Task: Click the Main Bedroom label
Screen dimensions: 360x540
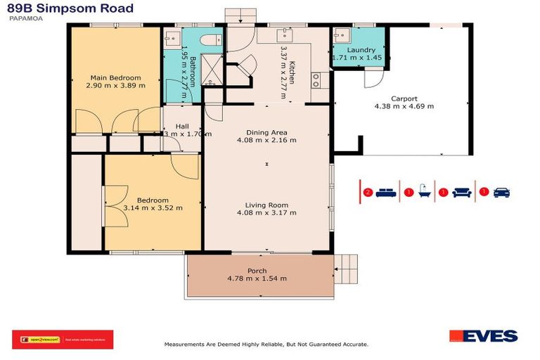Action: coord(115,77)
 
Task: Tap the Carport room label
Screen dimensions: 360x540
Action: coord(404,98)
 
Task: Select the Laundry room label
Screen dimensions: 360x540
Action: coord(361,50)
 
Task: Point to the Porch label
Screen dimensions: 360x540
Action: coord(257,271)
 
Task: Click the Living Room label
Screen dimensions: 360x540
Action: coord(266,205)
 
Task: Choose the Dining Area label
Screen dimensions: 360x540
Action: coord(266,131)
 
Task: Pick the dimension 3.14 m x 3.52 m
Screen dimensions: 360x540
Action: coord(153,207)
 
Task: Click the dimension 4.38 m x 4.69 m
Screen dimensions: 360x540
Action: coord(404,107)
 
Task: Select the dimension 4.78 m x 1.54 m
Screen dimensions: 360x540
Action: coord(257,278)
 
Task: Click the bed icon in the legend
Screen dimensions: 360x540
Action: coord(385,192)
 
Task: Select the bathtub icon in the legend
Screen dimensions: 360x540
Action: coord(425,192)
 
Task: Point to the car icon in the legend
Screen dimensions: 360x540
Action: coord(501,192)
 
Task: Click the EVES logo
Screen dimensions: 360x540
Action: coord(483,336)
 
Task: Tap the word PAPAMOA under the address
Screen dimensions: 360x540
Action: coord(23,20)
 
